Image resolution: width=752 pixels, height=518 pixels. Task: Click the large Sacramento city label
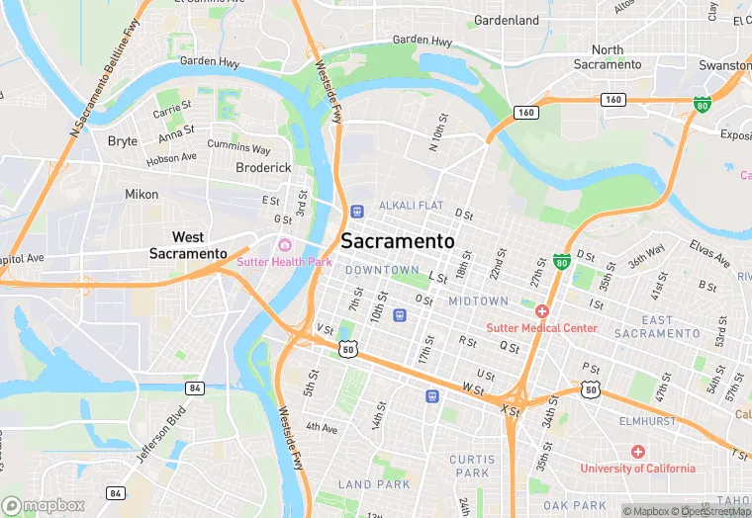[398, 241]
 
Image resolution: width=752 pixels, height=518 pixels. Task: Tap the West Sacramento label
[188, 245]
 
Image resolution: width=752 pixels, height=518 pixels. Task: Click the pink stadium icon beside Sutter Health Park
[285, 245]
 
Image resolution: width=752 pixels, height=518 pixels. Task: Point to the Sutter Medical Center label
[541, 328]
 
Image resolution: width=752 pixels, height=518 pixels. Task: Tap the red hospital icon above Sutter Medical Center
[542, 311]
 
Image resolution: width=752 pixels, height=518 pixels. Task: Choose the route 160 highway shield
[613, 99]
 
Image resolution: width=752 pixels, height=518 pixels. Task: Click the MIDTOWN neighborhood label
[478, 301]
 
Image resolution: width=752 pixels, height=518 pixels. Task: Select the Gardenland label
[507, 20]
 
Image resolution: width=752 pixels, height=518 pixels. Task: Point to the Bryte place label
[123, 141]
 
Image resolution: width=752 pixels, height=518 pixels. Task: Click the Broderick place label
[263, 168]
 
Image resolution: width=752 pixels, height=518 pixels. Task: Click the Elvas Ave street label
[709, 255]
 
